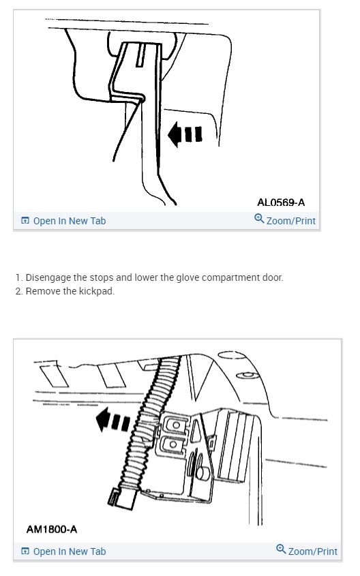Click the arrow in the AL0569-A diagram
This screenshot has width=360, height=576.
coord(185,134)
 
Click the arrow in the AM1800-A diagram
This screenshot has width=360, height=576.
coord(112,420)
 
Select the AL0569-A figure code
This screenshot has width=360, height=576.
coord(281,202)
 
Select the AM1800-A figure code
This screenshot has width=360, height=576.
coord(52,530)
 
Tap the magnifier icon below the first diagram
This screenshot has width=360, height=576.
coord(259,219)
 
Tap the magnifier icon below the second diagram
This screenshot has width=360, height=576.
coord(281,549)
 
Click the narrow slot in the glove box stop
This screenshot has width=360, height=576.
coord(140,55)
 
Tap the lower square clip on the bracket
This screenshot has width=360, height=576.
coord(172,444)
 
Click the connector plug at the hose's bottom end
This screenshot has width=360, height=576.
coord(121,498)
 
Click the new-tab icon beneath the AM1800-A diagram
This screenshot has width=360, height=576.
coord(25,551)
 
